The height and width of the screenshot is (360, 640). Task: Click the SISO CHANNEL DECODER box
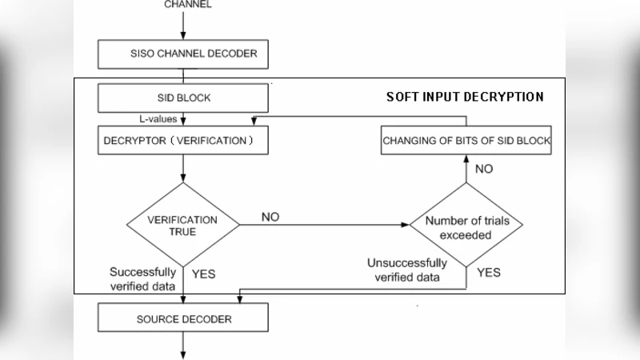183,55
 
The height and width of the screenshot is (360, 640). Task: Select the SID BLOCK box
183,98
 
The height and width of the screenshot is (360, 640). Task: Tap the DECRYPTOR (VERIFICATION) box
183,140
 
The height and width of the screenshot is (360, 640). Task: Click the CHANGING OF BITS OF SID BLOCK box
466,141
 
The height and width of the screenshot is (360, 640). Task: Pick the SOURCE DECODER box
183,318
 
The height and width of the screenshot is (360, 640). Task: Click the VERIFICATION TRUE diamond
183,225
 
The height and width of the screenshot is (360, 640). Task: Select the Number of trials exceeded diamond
466,226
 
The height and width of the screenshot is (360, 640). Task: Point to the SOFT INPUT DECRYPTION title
465,97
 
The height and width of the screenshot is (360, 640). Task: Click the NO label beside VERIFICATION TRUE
270,217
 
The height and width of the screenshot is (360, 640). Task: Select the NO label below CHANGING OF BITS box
484,169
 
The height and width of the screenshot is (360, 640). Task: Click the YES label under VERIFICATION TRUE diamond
203,274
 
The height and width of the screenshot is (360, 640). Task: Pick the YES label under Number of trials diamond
489,273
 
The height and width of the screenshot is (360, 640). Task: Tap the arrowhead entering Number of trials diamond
405,226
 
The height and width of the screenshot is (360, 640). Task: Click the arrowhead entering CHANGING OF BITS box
466,159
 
